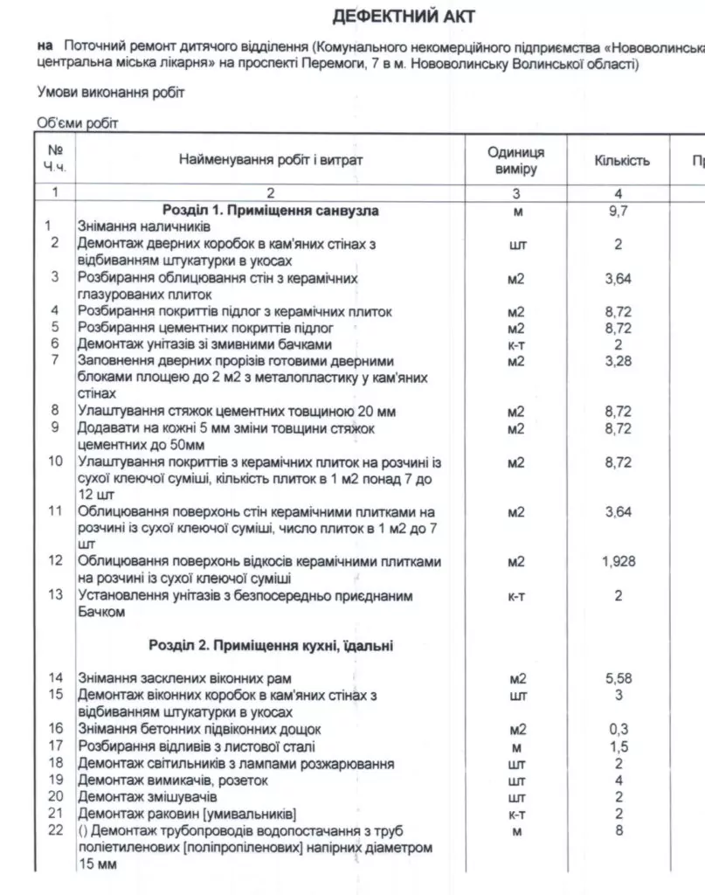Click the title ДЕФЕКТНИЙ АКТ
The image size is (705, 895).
click(404, 17)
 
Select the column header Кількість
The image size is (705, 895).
click(621, 161)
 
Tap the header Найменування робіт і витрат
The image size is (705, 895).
click(270, 161)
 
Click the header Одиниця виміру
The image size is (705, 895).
click(515, 161)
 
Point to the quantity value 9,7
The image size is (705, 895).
click(618, 211)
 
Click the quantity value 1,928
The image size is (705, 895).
click(618, 562)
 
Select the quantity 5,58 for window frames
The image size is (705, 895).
click(618, 678)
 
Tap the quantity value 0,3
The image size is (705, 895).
click(618, 729)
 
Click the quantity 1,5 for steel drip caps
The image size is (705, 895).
click(618, 746)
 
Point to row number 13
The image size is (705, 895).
click(55, 596)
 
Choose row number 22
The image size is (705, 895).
click(55, 830)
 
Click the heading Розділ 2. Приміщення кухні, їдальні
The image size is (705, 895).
click(271, 647)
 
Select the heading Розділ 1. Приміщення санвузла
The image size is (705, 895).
click(271, 211)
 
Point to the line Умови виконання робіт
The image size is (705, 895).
click(111, 92)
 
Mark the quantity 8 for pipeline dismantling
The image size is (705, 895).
click(618, 830)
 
